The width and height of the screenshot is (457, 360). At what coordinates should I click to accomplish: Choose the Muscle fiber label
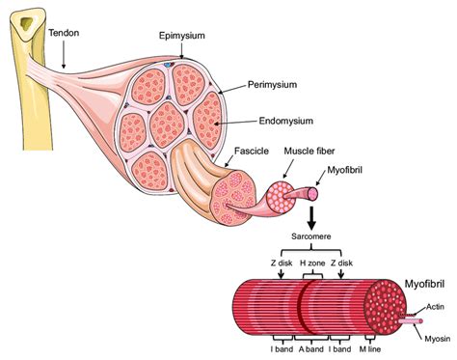click(306, 152)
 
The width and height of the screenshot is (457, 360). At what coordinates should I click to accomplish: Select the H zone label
click(307, 261)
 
